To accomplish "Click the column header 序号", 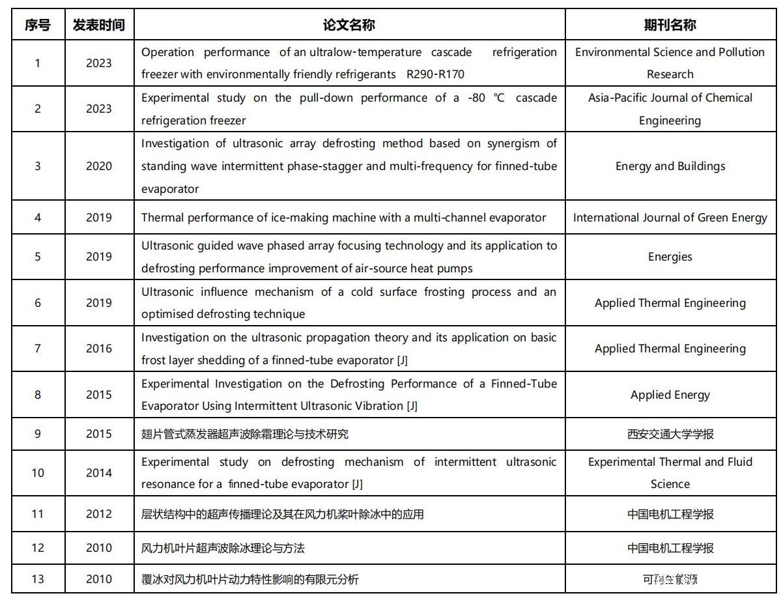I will tap(38, 25).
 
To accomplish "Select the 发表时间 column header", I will tap(98, 25).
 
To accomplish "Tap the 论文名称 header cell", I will tap(349, 25).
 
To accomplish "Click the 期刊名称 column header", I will tap(670, 25).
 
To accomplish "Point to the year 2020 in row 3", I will tap(98, 166).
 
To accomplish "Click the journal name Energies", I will tap(670, 257).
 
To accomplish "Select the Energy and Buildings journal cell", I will tap(670, 166).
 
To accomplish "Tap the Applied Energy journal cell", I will tap(670, 395).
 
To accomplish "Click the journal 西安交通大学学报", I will tap(670, 434).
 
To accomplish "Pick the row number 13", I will tap(38, 579).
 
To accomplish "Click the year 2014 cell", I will tap(98, 473).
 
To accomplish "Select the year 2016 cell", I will tap(98, 349).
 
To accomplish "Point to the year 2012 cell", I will tap(98, 514).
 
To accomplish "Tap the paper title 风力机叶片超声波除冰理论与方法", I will tap(223, 548).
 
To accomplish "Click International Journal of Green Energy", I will tap(670, 218).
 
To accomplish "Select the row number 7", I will tap(38, 349).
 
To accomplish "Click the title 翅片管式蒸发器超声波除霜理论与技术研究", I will tap(245, 434).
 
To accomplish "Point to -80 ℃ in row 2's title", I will tap(484, 98).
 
